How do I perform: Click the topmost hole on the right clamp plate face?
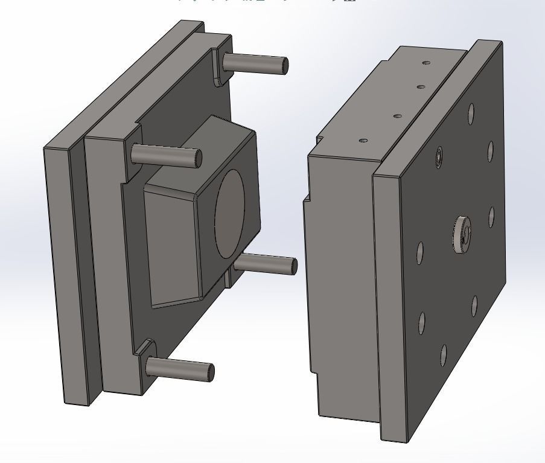471,113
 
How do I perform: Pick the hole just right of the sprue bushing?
491,217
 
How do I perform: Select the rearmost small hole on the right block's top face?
427,62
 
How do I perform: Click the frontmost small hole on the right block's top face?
363,141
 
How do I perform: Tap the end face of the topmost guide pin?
284,65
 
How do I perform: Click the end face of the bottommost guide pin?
211,372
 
